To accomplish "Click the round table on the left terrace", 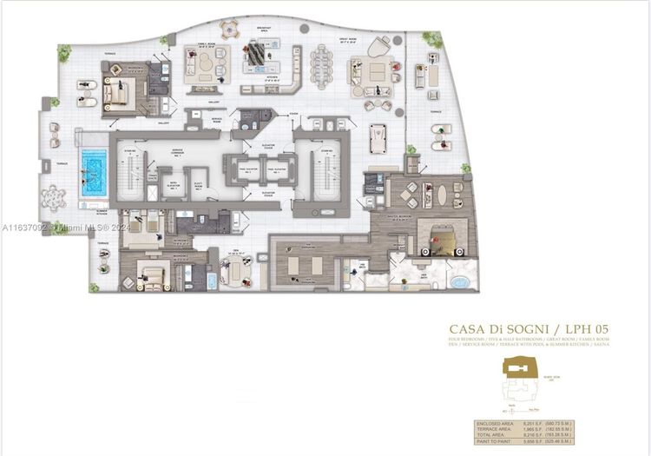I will tap(56, 197).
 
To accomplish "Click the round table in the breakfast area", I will tap(230, 28).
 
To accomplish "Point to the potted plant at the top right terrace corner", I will tap(431, 39).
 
